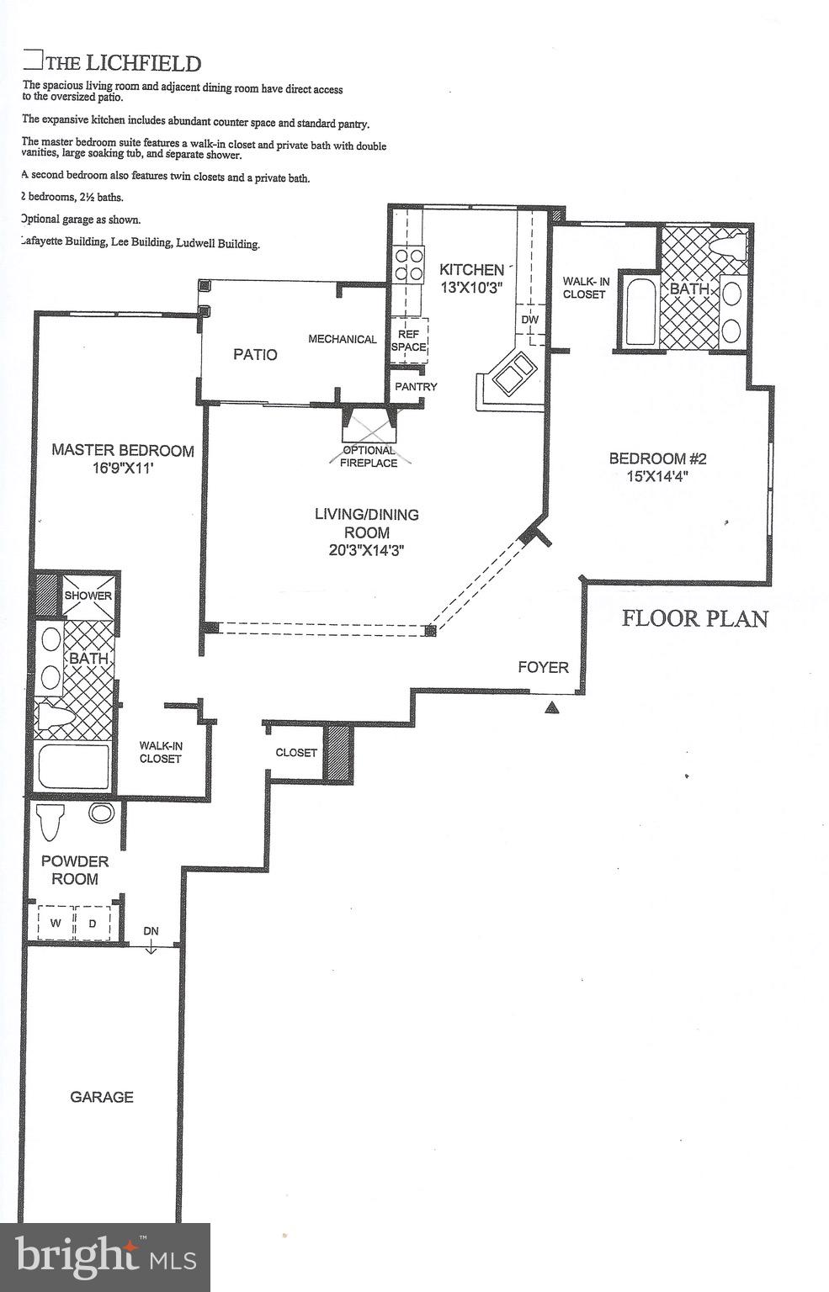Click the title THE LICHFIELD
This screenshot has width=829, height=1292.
(x=123, y=63)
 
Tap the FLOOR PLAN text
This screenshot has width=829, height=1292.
(x=694, y=618)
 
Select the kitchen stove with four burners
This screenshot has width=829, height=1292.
(x=409, y=263)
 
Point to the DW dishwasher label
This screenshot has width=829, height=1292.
(x=529, y=320)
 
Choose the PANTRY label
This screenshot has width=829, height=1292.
(x=416, y=387)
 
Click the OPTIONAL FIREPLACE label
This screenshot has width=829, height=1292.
(x=369, y=457)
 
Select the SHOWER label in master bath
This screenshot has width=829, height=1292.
(x=88, y=596)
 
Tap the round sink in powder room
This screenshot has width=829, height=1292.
(x=102, y=813)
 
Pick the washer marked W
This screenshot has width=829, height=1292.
(x=56, y=923)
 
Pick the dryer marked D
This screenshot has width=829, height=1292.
(x=93, y=923)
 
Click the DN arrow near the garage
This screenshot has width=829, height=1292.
(x=151, y=939)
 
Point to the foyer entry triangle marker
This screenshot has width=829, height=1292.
(x=551, y=707)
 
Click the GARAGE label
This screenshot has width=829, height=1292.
(x=102, y=1097)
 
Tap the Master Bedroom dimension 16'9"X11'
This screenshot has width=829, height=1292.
(x=123, y=469)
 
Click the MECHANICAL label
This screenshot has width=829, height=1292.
(x=342, y=339)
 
